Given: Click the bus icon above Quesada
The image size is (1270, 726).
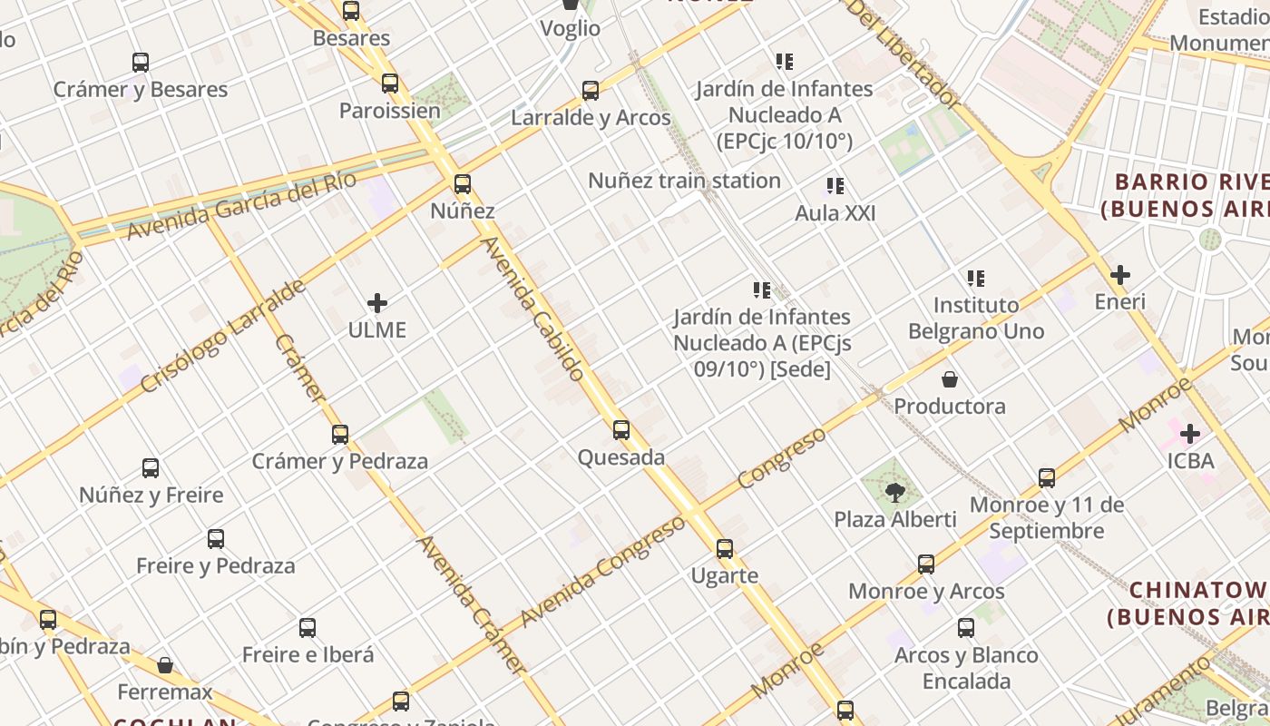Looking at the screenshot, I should (x=621, y=430).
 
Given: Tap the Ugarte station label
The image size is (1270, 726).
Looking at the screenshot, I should (x=724, y=575).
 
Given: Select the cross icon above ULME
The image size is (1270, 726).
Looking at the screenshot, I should (x=377, y=303).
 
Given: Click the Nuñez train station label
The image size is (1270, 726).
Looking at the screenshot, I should (x=684, y=181).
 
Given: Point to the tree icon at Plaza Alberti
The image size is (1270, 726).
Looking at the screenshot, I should (x=895, y=493).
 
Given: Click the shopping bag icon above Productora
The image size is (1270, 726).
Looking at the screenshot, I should (x=950, y=379).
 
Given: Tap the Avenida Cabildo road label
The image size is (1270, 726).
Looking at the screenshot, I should (x=532, y=308).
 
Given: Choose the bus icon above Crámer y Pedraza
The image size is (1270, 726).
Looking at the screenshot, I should (x=340, y=435).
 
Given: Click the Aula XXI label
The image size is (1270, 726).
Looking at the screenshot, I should (x=835, y=213).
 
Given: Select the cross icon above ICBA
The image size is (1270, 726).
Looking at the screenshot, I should (x=1190, y=434).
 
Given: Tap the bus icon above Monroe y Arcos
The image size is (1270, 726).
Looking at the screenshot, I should (x=926, y=564).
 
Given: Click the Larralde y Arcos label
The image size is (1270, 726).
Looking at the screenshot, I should (x=591, y=118).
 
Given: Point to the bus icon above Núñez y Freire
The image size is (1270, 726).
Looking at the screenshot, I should (x=151, y=468).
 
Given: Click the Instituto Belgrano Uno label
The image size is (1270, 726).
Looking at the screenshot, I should (x=976, y=318).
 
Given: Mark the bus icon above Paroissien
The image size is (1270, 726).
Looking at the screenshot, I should (x=390, y=83).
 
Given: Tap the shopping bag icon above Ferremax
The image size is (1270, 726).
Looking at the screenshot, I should (x=165, y=666).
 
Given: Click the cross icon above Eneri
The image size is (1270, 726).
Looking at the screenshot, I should (x=1120, y=274).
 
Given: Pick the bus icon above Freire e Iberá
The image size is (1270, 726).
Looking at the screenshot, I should (x=308, y=628).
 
